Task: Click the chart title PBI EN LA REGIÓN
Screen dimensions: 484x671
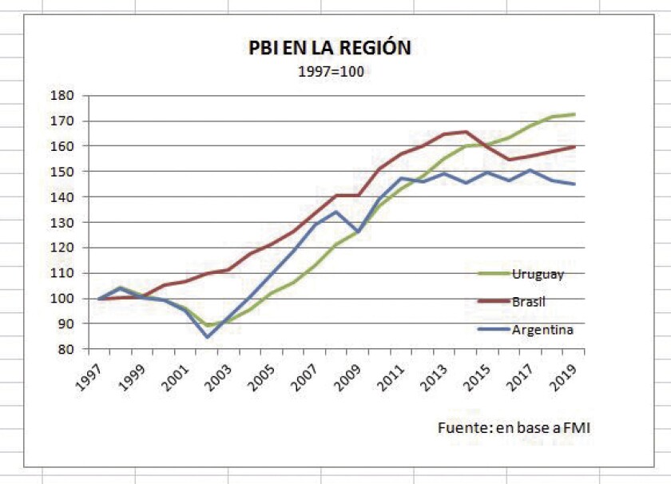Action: click(x=330, y=47)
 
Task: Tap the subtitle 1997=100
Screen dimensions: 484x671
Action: click(x=330, y=70)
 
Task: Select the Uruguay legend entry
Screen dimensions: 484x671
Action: click(x=538, y=274)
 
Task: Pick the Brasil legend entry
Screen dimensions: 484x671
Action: click(x=530, y=302)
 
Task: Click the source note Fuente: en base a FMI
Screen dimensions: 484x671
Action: click(x=514, y=428)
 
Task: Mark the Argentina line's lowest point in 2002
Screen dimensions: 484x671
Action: click(x=208, y=337)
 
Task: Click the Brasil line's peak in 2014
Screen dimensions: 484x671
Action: click(x=467, y=132)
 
